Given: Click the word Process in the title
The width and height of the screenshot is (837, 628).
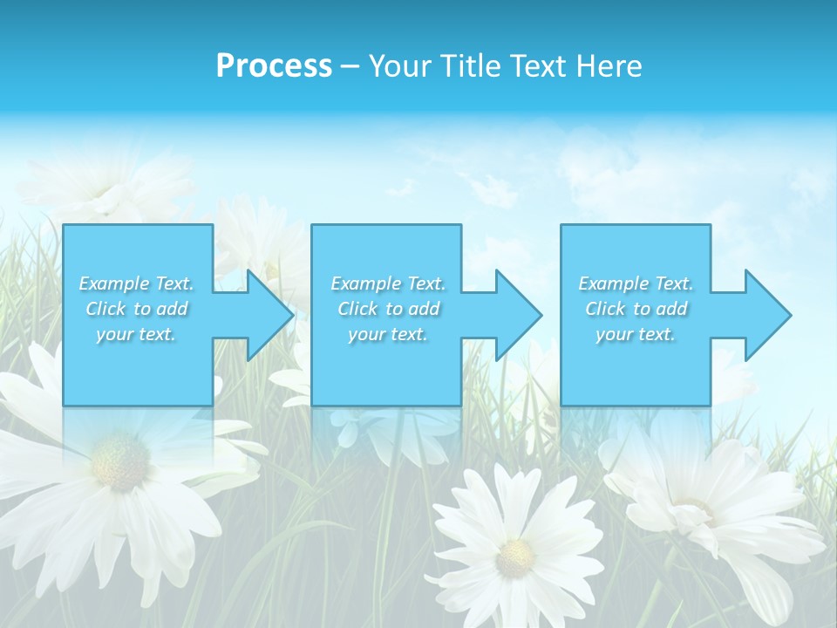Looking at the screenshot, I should pos(274,66).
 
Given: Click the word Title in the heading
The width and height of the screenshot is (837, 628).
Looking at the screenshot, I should pos(468,66).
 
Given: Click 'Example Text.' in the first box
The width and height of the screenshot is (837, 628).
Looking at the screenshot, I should pos(137,283).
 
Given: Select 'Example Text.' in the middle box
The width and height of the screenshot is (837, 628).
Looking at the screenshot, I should pos(388,283).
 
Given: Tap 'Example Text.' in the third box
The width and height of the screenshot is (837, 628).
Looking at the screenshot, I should pos(636,283).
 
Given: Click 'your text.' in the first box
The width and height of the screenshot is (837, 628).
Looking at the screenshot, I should pos(136,335).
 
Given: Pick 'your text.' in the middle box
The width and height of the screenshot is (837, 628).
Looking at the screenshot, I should pos(388,335).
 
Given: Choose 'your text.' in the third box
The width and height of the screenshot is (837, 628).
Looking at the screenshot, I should pos(636,335).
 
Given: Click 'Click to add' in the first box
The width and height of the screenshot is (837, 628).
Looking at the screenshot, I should pos(137,309).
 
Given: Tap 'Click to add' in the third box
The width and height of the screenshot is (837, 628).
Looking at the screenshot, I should pos(636,309).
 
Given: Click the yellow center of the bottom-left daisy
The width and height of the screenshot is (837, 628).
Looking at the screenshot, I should pos(120,459).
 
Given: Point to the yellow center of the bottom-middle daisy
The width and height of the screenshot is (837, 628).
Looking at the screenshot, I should pos(515,556).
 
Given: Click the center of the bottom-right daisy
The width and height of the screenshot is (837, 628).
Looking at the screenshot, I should pos(697,510).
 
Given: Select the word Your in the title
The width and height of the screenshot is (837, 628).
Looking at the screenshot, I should pos(399,66).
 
